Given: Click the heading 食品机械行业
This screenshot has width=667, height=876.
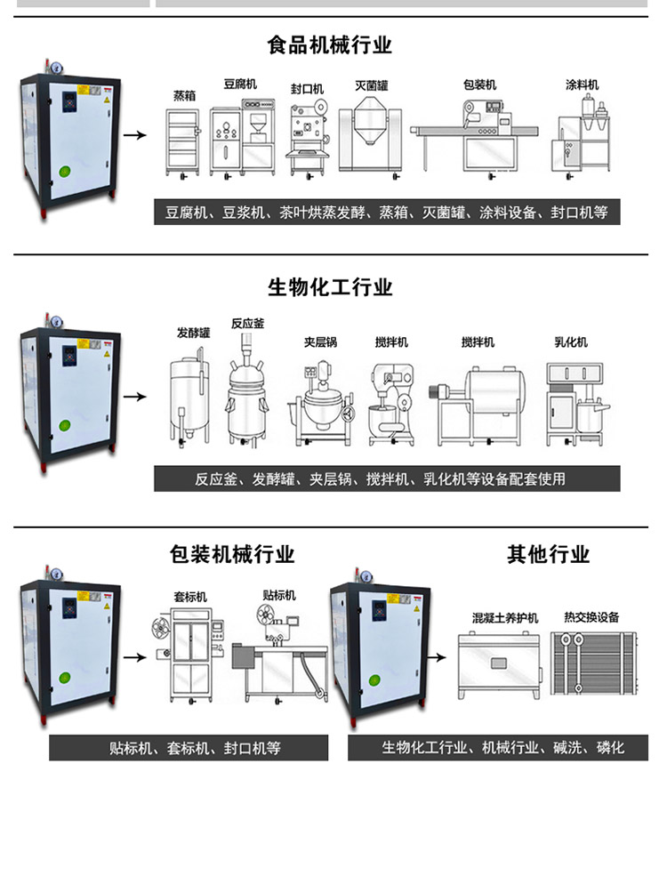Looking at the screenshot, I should coord(330,44).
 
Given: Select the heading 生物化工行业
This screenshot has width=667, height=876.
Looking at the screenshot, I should coord(330,287).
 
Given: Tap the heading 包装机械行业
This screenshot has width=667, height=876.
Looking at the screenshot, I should coord(232,555).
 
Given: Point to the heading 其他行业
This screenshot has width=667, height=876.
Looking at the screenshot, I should coord(548,555).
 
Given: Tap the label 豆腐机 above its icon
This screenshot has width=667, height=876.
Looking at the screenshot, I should coord(239,84).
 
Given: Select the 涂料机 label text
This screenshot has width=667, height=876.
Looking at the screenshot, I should coord(583,84).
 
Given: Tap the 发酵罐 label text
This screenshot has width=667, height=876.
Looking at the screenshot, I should coord(193,332).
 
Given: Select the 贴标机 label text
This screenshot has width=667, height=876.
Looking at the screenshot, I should coord(278,594).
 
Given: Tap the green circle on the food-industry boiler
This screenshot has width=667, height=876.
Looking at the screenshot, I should coord(64,173).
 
